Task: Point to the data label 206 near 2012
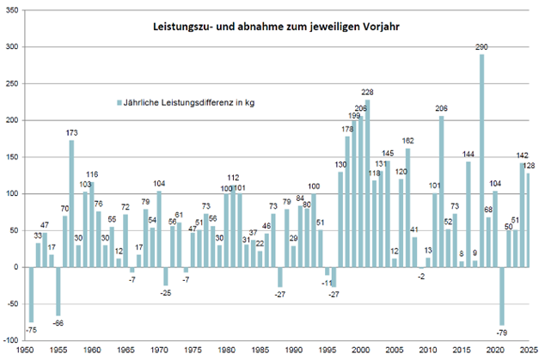pos(442,109)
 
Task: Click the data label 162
pos(407,141)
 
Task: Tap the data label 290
pos(482,48)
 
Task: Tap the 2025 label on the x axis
pos(529,351)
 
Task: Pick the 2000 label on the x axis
pos(362,351)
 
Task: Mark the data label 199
pos(354,115)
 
